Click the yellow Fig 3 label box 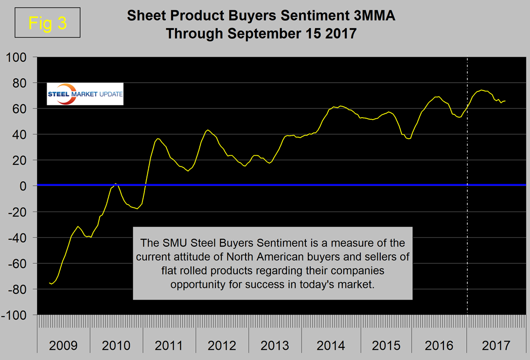(x=47, y=23)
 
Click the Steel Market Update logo (x=85, y=94)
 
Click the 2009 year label (x=63, y=345)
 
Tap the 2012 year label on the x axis (x=222, y=345)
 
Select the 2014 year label (x=331, y=345)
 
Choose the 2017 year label (x=496, y=345)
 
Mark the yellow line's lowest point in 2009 (x=52, y=284)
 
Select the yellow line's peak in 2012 (x=208, y=130)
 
